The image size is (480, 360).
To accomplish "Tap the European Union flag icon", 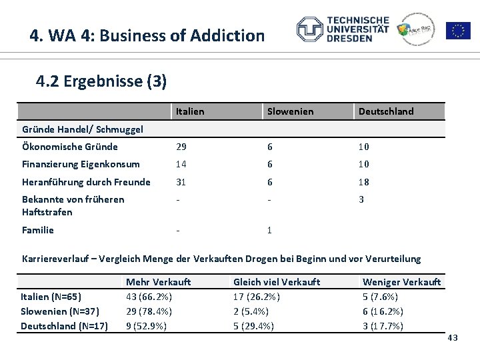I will (x=458, y=30).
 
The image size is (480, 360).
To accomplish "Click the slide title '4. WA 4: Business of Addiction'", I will (x=147, y=35).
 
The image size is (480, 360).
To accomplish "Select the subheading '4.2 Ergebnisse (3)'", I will (x=101, y=81).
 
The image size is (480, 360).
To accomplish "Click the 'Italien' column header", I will (x=190, y=111).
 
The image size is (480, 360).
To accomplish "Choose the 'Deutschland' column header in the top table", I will (x=386, y=111).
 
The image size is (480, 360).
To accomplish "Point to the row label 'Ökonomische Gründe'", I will (x=70, y=147).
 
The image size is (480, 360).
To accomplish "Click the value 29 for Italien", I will (x=181, y=147).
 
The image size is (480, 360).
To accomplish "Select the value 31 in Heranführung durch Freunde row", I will (x=181, y=182).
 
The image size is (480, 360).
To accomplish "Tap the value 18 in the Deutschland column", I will (x=364, y=182).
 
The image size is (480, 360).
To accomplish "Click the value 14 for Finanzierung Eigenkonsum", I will (x=181, y=164).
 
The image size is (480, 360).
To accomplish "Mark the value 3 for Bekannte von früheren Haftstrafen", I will (x=361, y=199).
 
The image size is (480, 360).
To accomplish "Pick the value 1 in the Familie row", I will (x=269, y=230).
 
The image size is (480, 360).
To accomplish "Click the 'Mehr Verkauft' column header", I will (x=158, y=282).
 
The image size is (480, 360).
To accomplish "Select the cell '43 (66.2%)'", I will (x=149, y=297).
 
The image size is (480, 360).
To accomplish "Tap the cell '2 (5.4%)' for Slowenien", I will (x=251, y=311).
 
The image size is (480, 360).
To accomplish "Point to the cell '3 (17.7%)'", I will (x=383, y=326).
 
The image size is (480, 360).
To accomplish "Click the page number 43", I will (x=453, y=339).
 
